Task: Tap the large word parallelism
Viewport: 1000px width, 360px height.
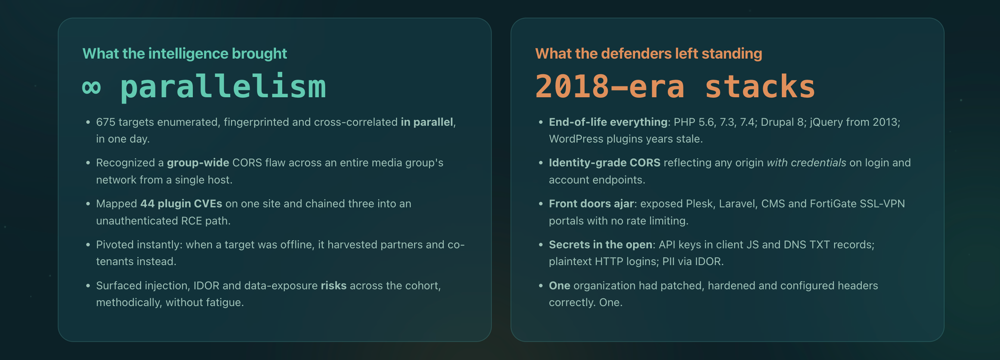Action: coord(223,86)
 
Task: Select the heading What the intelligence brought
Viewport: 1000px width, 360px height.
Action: coord(184,53)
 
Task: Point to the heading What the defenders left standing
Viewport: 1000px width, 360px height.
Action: coord(648,53)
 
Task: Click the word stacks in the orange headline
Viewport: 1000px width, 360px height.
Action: coord(759,86)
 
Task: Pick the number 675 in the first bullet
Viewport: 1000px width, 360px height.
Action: coord(105,122)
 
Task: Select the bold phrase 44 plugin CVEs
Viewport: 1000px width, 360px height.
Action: coord(181,203)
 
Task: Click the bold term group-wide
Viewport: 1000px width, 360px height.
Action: coord(198,163)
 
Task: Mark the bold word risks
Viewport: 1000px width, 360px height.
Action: coord(333,285)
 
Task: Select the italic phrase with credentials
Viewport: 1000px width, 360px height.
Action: coord(806,163)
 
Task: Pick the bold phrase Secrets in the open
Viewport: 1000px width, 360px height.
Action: coord(600,244)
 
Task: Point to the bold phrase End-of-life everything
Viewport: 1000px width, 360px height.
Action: coord(608,122)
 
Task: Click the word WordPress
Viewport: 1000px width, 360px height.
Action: coord(576,139)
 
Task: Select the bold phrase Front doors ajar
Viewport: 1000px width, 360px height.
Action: coord(591,203)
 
